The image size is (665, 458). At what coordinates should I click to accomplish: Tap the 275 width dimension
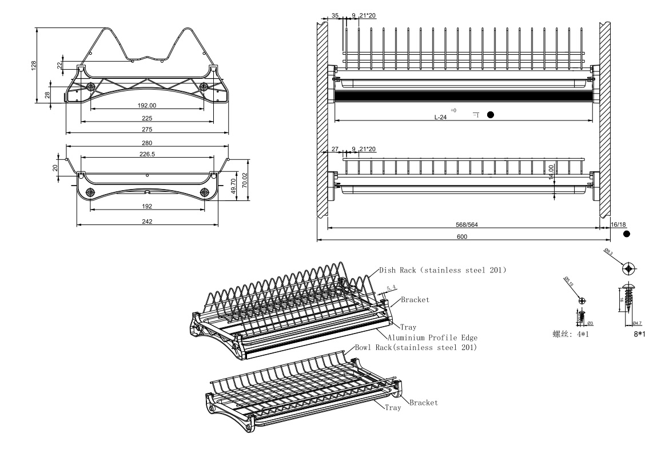point(147,129)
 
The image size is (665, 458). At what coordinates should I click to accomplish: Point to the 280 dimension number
point(148,143)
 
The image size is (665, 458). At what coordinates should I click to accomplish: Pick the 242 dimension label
point(148,222)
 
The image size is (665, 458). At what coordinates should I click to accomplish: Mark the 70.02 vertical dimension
point(245,180)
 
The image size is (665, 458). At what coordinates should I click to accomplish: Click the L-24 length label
point(440,117)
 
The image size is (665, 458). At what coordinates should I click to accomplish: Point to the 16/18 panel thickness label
point(619,225)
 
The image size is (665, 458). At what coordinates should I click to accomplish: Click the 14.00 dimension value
point(551,171)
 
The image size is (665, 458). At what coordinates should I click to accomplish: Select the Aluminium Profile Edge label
point(432,338)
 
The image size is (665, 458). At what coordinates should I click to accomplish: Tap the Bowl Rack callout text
point(416,347)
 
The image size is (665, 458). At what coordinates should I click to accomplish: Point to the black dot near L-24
point(490,115)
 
